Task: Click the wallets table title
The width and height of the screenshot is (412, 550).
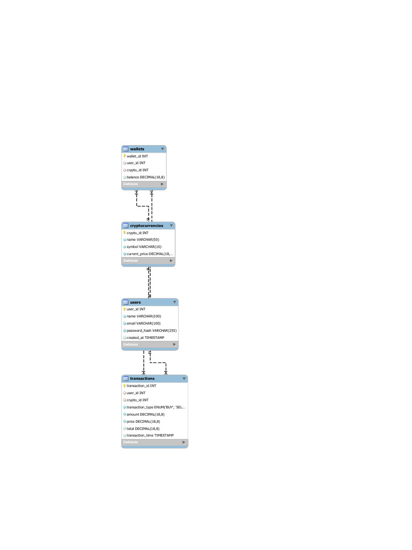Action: coord(137,149)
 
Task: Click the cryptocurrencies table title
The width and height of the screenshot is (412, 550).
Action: coord(146,226)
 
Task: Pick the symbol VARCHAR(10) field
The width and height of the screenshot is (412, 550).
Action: coord(144,247)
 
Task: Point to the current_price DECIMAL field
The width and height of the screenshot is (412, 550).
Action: coord(150,254)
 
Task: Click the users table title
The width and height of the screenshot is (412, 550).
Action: coord(136,302)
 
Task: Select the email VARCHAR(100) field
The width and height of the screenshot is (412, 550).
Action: coord(143,323)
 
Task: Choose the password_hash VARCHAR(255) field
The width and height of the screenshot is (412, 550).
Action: coord(151,330)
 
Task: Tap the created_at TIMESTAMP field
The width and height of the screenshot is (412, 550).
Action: coord(145,337)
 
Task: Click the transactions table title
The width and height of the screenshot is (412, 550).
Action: coord(142,378)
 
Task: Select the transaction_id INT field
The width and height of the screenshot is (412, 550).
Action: coord(141,386)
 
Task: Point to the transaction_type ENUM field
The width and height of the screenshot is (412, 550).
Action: coord(156,407)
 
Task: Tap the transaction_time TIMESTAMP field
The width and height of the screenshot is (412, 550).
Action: coord(150,435)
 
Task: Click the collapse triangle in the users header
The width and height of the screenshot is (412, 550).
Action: coord(174,302)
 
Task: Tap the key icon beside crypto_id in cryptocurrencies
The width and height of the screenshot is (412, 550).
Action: coord(124,233)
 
